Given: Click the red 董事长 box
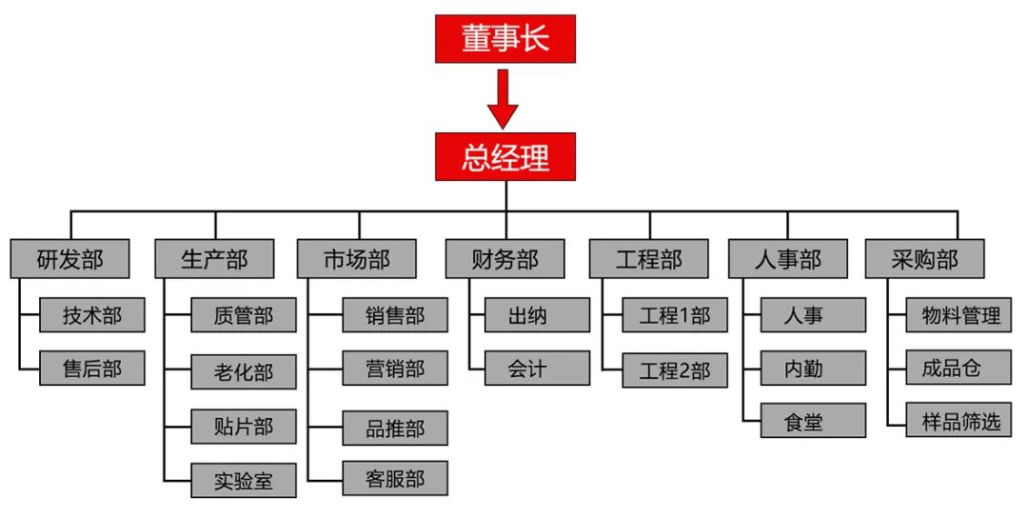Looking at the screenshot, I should [505, 38].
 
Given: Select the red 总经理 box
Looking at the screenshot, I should [505, 156].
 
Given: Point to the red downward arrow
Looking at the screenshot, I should [503, 99].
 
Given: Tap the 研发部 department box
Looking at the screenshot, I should [69, 258].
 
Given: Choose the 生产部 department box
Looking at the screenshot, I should [214, 258].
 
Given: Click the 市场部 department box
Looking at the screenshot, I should [356, 258].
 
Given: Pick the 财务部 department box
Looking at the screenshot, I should [504, 258].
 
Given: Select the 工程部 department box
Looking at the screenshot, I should [648, 258].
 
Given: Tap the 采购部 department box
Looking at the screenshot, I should [924, 258].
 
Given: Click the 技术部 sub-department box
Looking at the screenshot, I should [92, 315].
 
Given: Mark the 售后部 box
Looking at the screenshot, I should [92, 369].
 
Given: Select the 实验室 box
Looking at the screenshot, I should [244, 481].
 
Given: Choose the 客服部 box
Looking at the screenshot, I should [395, 478].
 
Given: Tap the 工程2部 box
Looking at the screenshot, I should [675, 370].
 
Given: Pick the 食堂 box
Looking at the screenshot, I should [813, 421].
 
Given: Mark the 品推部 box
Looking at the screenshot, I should [395, 428].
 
